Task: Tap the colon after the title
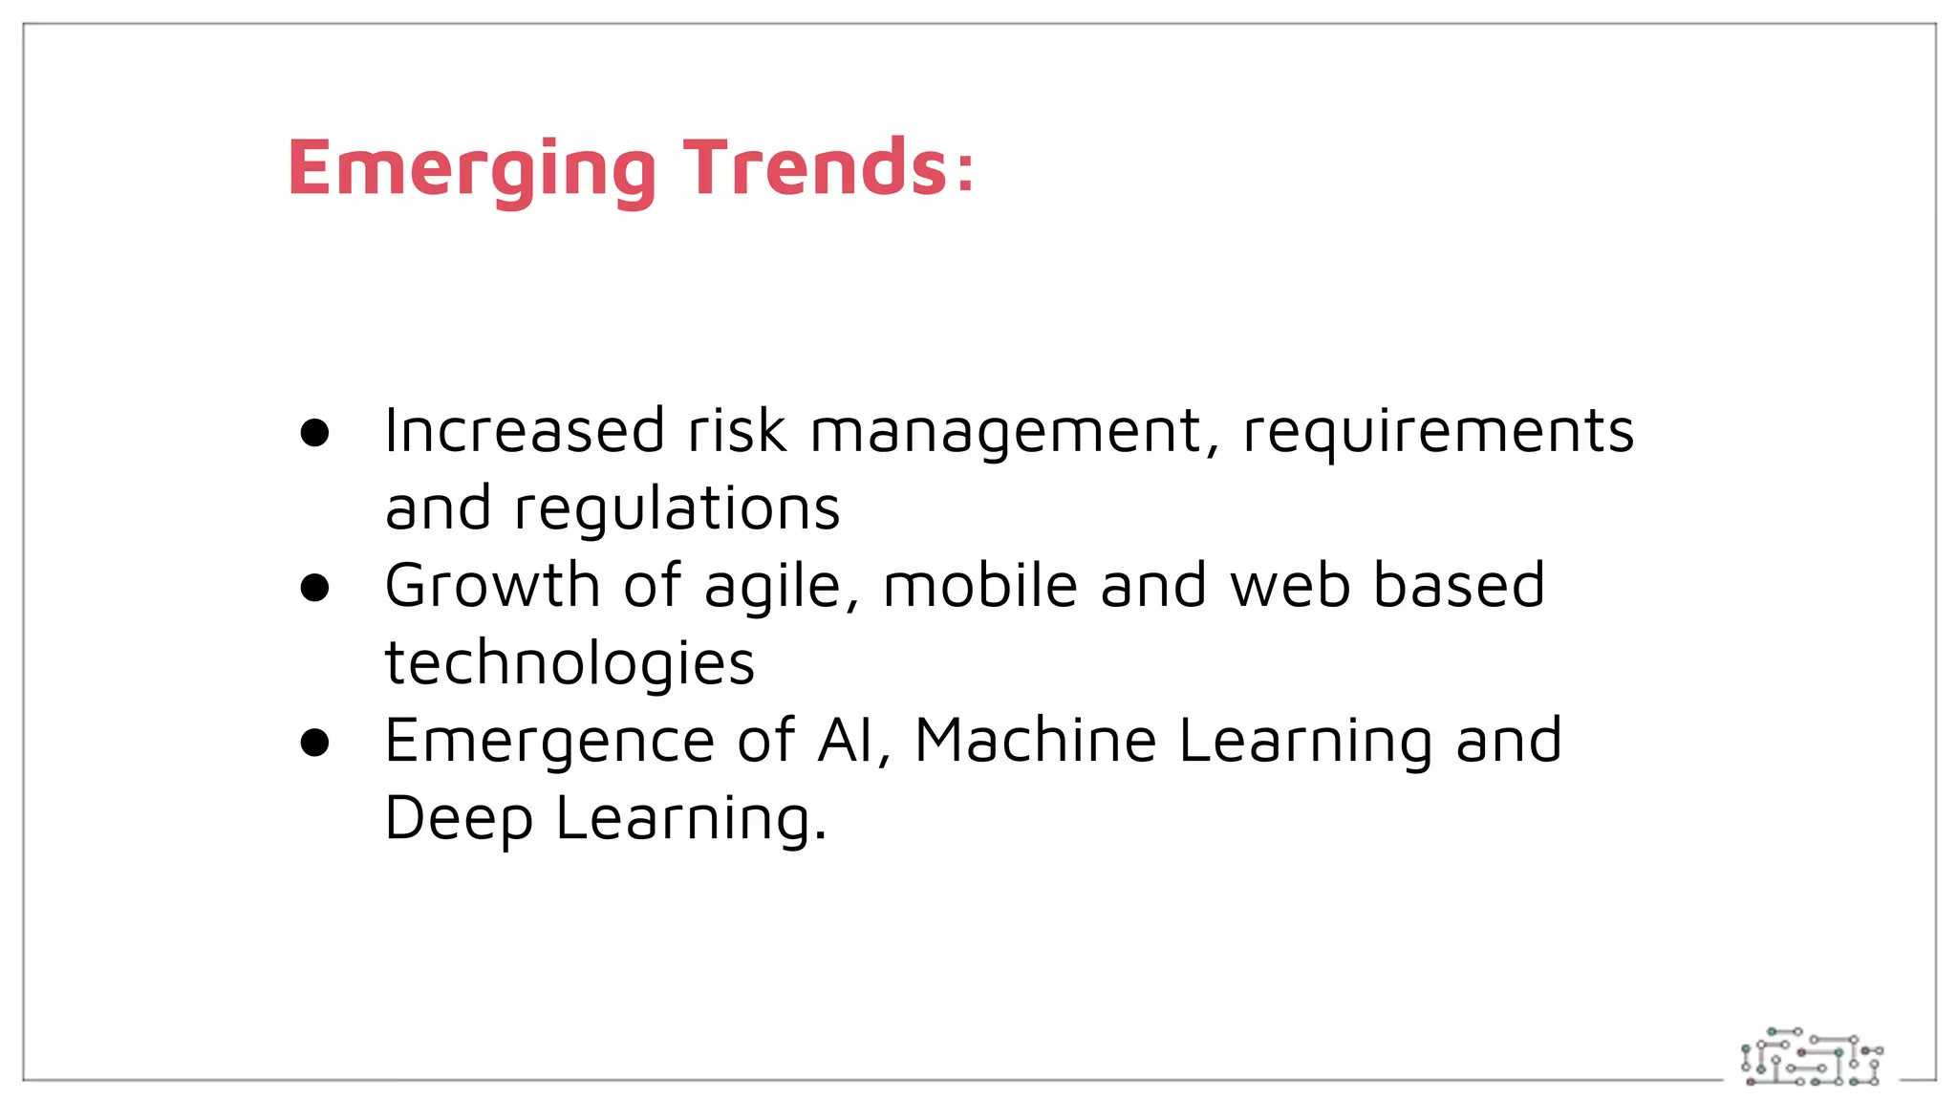point(965,172)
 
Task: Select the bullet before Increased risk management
point(314,433)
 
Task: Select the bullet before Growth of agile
point(314,588)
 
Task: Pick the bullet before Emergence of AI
point(314,743)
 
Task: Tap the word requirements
point(1438,432)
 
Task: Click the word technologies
point(570,663)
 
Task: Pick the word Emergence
point(549,742)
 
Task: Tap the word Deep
point(459,819)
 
